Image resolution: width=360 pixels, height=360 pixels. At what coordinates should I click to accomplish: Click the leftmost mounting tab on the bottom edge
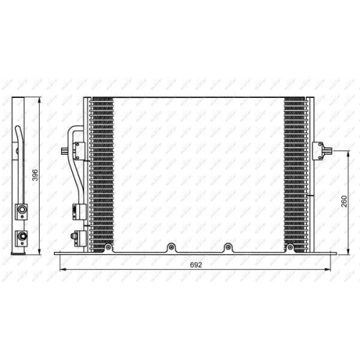click(x=109, y=248)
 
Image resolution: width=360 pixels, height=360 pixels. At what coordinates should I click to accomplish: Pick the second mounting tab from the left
click(x=171, y=248)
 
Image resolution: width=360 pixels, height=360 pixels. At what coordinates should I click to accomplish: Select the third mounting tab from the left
click(x=228, y=248)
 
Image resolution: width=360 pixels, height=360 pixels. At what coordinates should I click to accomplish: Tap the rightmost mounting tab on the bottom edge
click(x=289, y=248)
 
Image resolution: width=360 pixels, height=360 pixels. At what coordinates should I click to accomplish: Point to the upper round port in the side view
click(x=22, y=210)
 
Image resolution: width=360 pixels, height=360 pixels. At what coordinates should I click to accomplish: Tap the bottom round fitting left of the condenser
click(x=75, y=235)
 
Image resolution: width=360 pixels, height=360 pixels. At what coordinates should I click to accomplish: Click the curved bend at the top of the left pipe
click(x=74, y=130)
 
